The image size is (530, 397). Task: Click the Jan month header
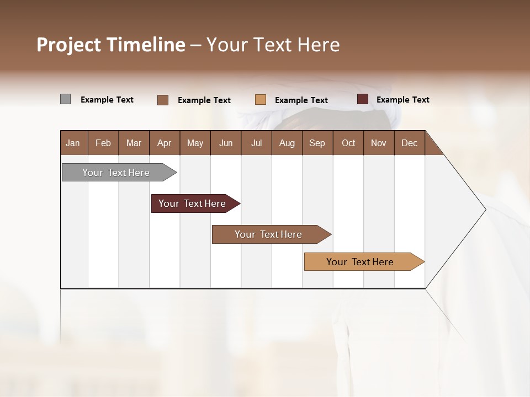(x=73, y=143)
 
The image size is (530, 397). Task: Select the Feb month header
(x=103, y=143)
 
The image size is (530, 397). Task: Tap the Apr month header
(x=164, y=143)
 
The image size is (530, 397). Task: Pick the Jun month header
(x=226, y=143)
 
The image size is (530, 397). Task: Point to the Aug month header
(x=287, y=143)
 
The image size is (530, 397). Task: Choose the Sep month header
(x=317, y=143)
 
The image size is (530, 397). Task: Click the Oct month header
(x=348, y=143)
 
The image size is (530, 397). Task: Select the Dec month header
(x=409, y=143)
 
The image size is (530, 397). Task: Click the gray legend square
(x=65, y=99)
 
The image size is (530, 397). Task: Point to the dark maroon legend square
(x=362, y=99)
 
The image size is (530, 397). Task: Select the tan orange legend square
(x=261, y=100)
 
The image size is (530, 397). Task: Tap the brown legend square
(x=162, y=100)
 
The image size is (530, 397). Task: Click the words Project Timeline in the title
(x=110, y=45)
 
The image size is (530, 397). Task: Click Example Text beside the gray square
(x=107, y=100)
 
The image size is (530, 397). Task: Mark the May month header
(x=195, y=143)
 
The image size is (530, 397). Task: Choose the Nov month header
(x=378, y=143)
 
